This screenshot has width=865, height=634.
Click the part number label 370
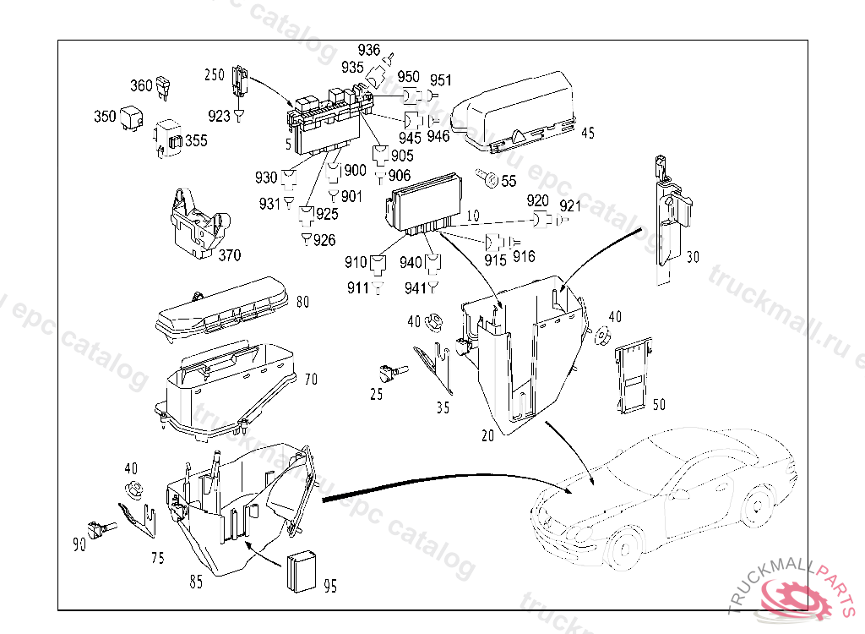(229, 254)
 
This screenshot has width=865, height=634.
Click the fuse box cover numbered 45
(514, 112)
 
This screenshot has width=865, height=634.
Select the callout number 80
(302, 301)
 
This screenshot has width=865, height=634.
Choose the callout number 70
(311, 380)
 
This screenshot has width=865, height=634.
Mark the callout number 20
(487, 435)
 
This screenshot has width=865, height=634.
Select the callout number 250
(215, 75)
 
